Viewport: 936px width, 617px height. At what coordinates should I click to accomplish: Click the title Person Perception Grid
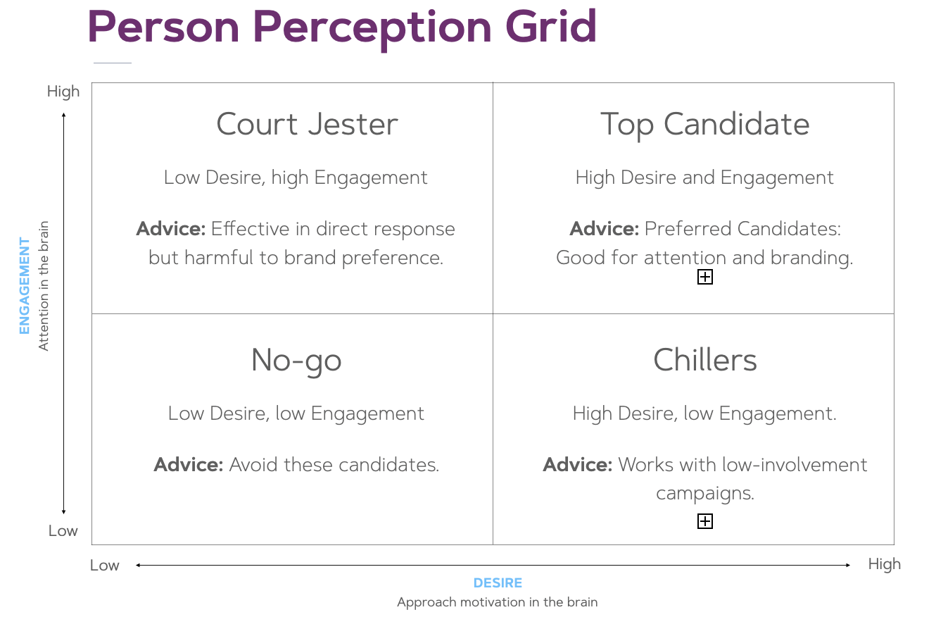[x=342, y=28]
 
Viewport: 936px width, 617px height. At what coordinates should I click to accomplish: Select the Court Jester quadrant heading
[x=307, y=124]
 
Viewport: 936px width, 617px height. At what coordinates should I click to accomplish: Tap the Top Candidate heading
[x=705, y=125]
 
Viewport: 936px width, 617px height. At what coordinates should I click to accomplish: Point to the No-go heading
[x=296, y=361]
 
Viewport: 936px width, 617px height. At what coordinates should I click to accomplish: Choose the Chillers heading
[x=705, y=360]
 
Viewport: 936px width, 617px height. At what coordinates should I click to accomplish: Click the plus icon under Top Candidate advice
[x=705, y=277]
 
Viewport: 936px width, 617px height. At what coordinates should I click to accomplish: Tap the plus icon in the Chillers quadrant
[x=705, y=521]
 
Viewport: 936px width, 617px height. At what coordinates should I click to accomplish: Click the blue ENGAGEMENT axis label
[x=25, y=286]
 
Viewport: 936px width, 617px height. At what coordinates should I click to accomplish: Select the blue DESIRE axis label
[x=498, y=582]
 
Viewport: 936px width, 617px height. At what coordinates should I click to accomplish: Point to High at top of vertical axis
[x=63, y=92]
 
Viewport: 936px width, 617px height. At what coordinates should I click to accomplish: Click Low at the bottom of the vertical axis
[x=63, y=531]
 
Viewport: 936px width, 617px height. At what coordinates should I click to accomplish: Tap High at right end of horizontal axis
[x=884, y=564]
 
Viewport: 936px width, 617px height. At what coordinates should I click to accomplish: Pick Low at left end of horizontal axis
[x=105, y=566]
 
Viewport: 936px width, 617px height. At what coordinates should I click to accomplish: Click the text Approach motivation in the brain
[x=498, y=602]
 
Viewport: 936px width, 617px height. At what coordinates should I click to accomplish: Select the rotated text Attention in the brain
[x=44, y=286]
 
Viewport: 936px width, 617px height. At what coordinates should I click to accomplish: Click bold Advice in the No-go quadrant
[x=189, y=465]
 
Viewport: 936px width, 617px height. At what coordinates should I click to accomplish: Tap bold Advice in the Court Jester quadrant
[x=171, y=229]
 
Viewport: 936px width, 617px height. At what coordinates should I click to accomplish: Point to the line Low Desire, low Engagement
[x=296, y=413]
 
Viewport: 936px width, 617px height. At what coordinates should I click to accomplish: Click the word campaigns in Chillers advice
[x=705, y=494]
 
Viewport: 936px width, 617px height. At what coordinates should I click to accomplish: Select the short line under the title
[x=113, y=63]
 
